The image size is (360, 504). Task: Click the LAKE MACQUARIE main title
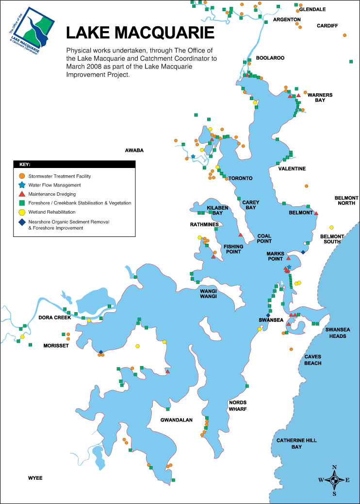[x=140, y=33]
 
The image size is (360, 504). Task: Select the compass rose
[x=334, y=480]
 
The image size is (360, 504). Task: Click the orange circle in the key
[x=21, y=176]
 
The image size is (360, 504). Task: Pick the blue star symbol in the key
[x=21, y=185]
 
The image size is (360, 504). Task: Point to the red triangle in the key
[x=21, y=194]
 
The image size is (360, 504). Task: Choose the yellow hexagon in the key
[x=21, y=212]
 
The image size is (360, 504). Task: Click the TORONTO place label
[x=241, y=178]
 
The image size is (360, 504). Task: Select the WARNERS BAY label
[x=320, y=98]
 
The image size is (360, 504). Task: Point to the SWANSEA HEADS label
[x=338, y=333]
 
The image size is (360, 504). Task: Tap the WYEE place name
[x=35, y=478]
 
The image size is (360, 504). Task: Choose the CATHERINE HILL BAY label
[x=296, y=443]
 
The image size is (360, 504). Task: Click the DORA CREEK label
[x=55, y=318]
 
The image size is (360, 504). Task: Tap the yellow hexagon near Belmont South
[x=331, y=227]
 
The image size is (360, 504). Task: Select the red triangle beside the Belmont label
[x=316, y=213]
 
